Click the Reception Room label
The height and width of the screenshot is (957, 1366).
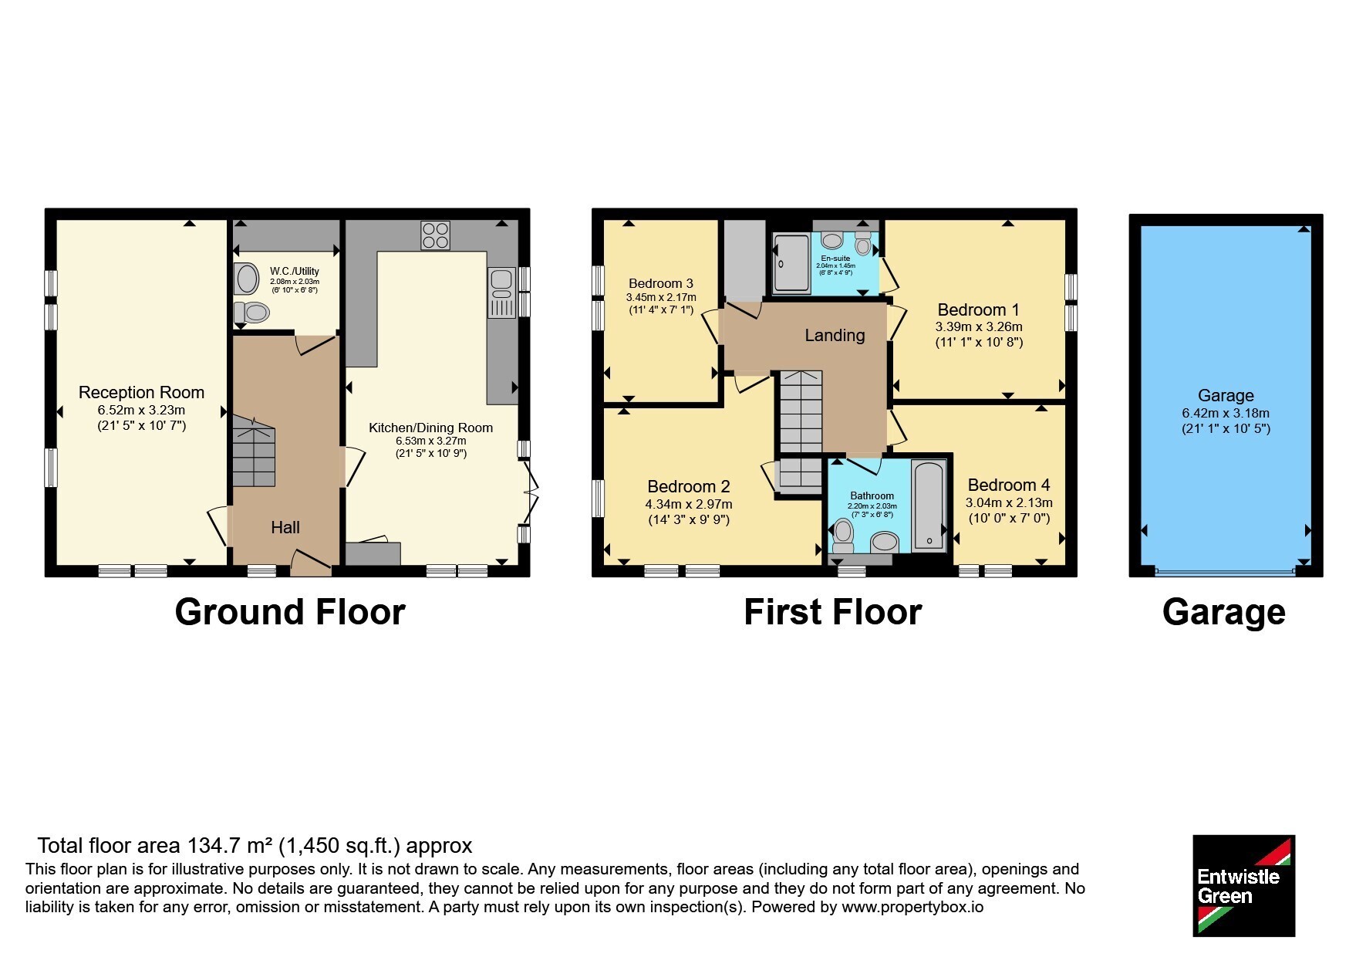coord(141,392)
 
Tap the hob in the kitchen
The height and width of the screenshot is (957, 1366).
coord(435,235)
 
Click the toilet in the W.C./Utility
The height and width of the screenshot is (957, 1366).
coord(251,313)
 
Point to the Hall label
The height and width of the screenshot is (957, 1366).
coord(285,528)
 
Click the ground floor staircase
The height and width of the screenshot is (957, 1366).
coord(254,451)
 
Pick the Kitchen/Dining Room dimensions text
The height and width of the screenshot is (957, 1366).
coord(431,447)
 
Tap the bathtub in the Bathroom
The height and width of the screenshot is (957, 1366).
coord(929,506)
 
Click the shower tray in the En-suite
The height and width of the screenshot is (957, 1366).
coord(792,264)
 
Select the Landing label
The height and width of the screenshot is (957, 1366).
coord(835,335)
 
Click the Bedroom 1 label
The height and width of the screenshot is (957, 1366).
coord(977,309)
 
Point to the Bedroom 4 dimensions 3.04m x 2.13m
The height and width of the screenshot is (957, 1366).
coord(1009,502)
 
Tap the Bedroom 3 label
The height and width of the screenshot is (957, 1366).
coord(661,283)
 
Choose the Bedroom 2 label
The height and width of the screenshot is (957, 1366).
coord(689,486)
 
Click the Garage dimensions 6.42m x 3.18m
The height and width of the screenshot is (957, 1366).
coord(1226,413)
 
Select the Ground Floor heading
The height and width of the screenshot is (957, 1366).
coord(290,612)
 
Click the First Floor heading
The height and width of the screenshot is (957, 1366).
coord(833,612)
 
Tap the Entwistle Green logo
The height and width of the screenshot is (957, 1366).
coord(1243,886)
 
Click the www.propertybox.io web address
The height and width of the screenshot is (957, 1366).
coord(912,908)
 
